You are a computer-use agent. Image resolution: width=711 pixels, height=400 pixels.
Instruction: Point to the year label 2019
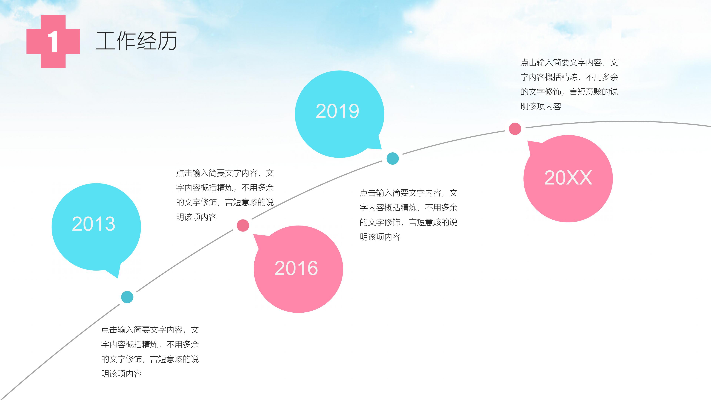(337, 111)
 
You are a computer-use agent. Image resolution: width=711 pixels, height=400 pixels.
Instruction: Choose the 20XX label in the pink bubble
(568, 178)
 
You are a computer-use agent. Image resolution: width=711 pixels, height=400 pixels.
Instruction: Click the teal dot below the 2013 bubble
(127, 297)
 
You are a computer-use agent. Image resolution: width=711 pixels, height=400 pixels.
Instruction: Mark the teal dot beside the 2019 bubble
(393, 159)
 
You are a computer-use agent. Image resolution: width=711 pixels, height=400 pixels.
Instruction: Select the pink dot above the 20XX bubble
(515, 129)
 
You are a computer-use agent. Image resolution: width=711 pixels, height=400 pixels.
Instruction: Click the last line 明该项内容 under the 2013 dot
(121, 374)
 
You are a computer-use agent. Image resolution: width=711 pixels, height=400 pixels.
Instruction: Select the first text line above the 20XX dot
(569, 63)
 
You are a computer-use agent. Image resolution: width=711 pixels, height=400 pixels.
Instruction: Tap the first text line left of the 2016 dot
(225, 173)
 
